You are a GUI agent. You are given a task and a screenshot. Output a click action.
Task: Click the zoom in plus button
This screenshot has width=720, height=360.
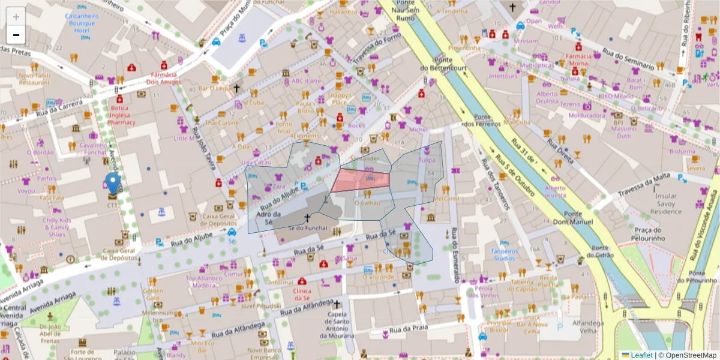tap(16, 17)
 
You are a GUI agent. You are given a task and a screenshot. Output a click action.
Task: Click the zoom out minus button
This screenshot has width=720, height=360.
tap(16, 35)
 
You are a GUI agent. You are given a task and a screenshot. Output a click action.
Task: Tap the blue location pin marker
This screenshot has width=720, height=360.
tap(112, 184)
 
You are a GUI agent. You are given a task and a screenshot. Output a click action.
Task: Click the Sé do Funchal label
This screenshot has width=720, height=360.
tap(308, 228)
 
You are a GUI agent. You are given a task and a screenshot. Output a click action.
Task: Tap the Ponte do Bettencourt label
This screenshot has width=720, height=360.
tap(443, 64)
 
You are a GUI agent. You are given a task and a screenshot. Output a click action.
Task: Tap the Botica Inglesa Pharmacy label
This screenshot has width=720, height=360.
tap(121, 115)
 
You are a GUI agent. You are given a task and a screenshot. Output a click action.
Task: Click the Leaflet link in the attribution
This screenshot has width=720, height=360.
tap(641, 355)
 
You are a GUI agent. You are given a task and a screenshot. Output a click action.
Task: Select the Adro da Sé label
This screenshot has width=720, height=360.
tap(268, 217)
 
